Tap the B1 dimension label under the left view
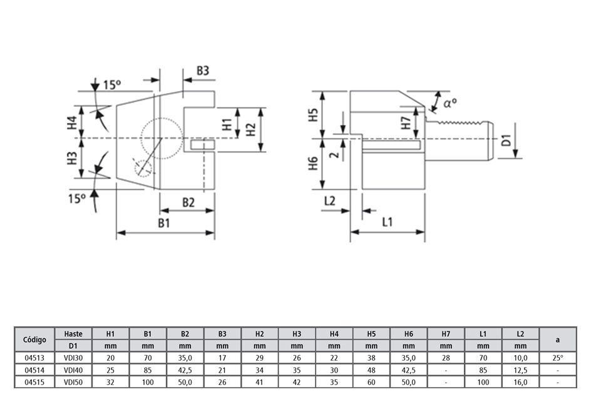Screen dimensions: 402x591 point(165,223)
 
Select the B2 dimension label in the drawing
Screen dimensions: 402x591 point(188,203)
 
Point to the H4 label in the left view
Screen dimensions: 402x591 point(73,123)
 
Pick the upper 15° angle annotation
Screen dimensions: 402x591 point(111,84)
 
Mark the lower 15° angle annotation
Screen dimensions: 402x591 point(76,199)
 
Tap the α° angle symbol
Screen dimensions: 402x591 point(450,103)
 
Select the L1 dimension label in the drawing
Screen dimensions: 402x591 point(387,222)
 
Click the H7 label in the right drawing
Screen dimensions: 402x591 point(406,122)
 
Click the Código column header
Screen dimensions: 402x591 point(34,339)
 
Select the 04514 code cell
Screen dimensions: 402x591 point(34,369)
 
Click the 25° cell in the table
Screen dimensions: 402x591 point(557,358)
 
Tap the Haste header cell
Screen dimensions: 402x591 point(73,334)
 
